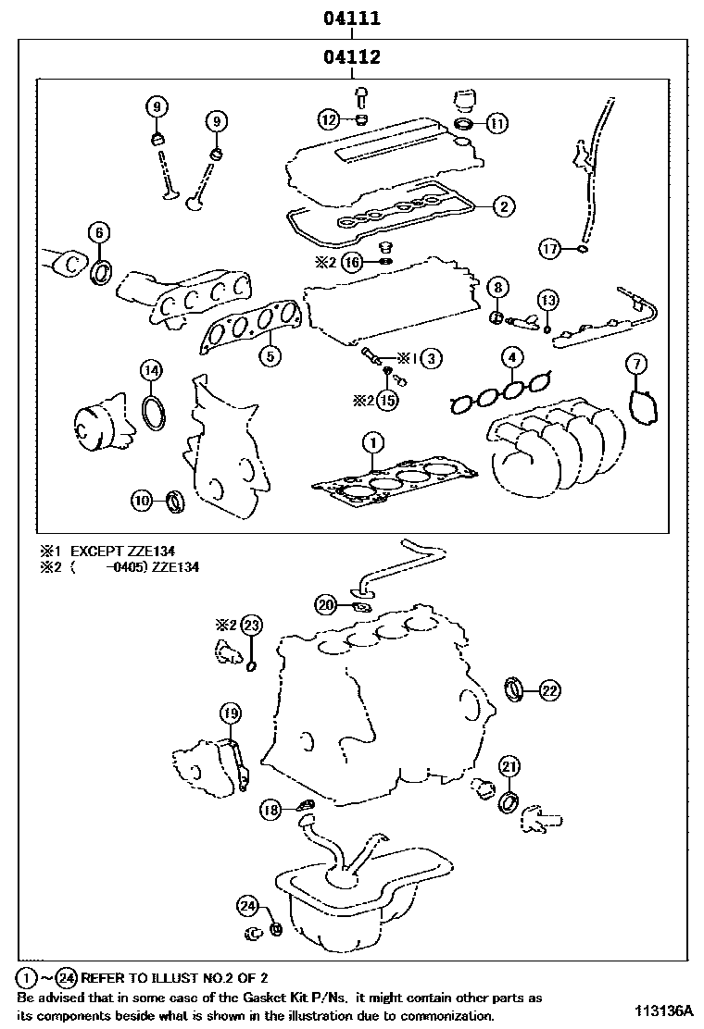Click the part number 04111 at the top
[x=352, y=19]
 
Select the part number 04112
[x=352, y=57]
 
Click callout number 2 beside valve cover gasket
[x=502, y=206]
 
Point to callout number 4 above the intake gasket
[x=511, y=358]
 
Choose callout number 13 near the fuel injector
[x=548, y=299]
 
